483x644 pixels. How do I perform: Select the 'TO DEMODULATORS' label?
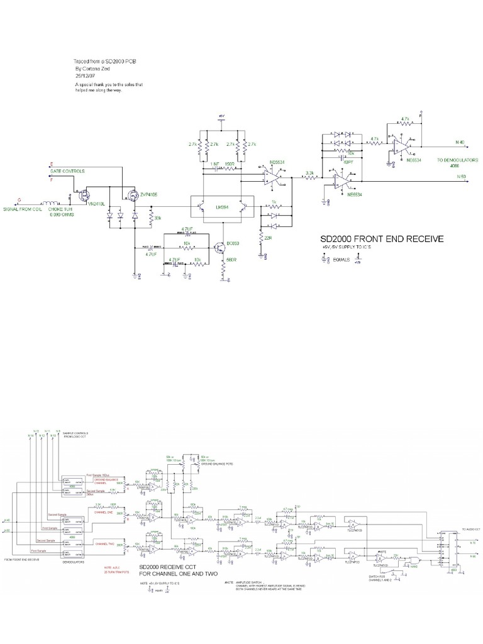tap(458, 160)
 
